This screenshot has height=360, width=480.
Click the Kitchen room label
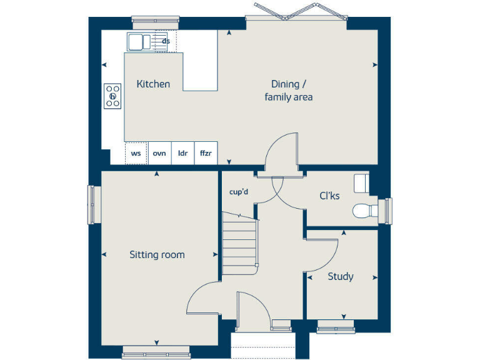pos(153,84)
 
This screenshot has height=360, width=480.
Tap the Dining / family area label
pos(288,91)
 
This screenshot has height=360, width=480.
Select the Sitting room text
pos(157,254)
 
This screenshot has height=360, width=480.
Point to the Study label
pos(341,276)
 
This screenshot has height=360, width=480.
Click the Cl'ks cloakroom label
pos(329,196)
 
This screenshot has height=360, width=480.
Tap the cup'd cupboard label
pos(239,192)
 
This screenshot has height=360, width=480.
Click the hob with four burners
pos(112,96)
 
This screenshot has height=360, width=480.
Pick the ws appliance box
pos(136,153)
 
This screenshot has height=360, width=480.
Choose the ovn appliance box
pos(159,153)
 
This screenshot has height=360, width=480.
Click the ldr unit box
pos(182,153)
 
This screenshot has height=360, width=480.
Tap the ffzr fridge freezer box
pos(206,153)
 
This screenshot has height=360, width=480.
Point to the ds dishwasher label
pos(166,42)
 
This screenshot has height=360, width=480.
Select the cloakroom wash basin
pos(361,183)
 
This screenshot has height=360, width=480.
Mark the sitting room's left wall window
pos(94,204)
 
